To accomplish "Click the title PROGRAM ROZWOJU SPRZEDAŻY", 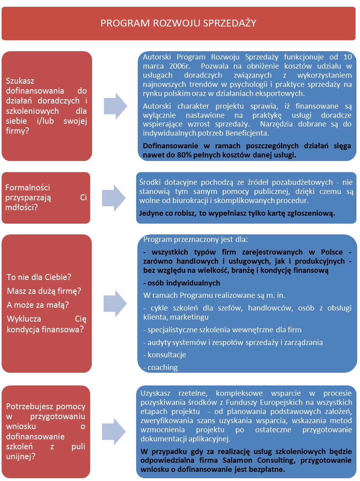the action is click(x=178, y=23).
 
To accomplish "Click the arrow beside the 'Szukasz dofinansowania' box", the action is click(x=116, y=106).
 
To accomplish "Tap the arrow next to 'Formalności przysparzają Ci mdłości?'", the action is click(x=114, y=198).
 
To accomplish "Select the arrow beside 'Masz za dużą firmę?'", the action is click(x=115, y=304).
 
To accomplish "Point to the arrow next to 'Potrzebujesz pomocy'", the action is click(x=114, y=431).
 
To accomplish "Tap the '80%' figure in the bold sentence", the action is click(x=185, y=155).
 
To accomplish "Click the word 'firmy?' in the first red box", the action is click(x=17, y=131).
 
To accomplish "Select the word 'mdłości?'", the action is click(x=21, y=207).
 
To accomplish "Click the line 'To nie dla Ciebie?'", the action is click(x=39, y=277).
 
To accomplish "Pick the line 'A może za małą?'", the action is click(x=38, y=305).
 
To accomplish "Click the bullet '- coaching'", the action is click(x=160, y=368).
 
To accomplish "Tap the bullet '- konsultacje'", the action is click(x=164, y=355).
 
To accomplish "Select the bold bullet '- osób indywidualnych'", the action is click(x=181, y=283).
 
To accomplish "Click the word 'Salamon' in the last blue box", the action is click(x=237, y=460).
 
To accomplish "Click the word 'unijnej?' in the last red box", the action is click(x=21, y=456).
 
